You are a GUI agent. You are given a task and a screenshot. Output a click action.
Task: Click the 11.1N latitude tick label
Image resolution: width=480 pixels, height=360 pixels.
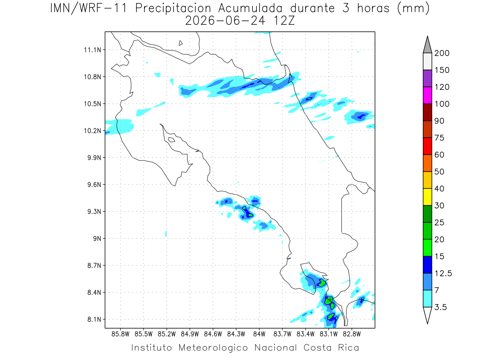click(x=92, y=50)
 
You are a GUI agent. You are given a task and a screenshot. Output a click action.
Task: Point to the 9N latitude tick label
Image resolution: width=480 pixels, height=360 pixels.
click(x=97, y=238)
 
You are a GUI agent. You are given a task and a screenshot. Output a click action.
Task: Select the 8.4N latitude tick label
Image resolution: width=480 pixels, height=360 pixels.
click(x=94, y=292)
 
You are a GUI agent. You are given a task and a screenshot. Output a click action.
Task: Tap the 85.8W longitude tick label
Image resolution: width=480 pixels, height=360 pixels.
click(x=120, y=334)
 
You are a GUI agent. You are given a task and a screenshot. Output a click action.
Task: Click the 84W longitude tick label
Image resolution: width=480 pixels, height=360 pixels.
click(x=259, y=334)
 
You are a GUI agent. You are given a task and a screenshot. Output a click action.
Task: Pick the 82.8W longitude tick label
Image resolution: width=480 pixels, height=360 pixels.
click(x=352, y=334)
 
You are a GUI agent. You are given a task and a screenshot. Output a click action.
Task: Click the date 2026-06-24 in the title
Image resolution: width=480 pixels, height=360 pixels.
click(x=225, y=21)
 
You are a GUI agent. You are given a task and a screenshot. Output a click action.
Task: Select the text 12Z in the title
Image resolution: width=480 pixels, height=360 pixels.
click(x=284, y=21)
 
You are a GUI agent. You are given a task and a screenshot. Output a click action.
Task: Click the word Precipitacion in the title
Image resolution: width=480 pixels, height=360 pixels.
click(x=173, y=9)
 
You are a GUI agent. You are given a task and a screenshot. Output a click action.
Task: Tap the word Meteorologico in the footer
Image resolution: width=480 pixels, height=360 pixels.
click(x=213, y=348)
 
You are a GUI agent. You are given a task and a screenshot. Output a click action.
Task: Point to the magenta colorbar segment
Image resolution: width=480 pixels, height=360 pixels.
click(x=427, y=95)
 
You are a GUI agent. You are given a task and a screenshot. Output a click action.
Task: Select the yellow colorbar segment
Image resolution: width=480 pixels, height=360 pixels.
click(x=427, y=197)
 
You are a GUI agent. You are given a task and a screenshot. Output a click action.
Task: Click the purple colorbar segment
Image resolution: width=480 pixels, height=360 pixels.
click(x=427, y=78)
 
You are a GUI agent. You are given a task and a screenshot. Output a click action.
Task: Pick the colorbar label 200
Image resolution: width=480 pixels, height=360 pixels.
click(x=442, y=53)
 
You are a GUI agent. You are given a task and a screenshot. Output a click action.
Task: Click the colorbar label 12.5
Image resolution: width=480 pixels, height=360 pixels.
click(x=443, y=273)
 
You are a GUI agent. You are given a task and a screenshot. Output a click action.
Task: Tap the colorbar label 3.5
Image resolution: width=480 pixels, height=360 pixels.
click(x=440, y=307)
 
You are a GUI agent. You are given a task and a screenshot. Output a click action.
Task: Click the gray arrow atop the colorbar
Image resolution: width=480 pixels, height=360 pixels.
click(x=427, y=45)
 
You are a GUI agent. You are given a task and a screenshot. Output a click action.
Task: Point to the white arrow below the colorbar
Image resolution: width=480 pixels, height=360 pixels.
click(x=427, y=316)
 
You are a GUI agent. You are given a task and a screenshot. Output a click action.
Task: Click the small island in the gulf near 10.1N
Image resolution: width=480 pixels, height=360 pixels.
click(x=172, y=140)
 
